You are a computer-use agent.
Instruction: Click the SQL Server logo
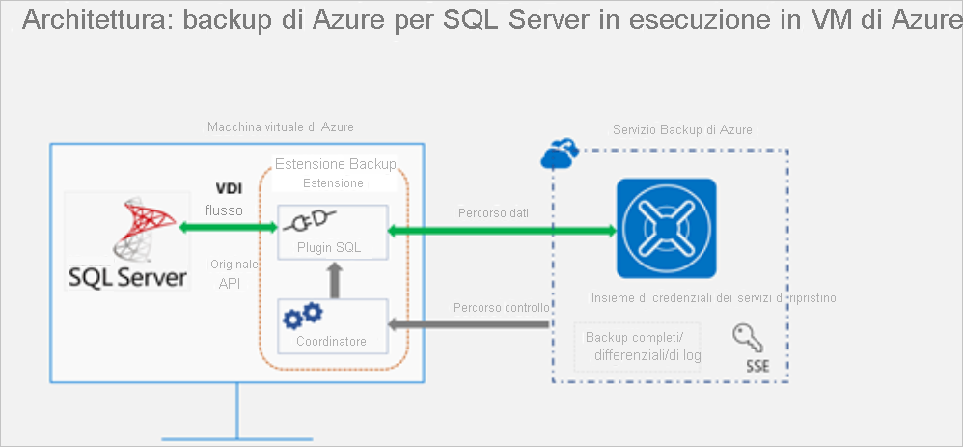(x=125, y=240)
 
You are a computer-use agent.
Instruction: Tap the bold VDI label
(x=228, y=189)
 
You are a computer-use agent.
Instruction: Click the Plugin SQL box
(x=332, y=232)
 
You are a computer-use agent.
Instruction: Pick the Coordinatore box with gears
(x=332, y=325)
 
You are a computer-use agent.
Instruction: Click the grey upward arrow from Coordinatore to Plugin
(x=333, y=280)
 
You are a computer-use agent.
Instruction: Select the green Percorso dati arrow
(x=501, y=230)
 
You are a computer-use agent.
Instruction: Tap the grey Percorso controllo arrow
(x=469, y=325)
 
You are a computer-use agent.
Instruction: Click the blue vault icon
(x=666, y=229)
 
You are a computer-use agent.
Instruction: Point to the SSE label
(x=757, y=367)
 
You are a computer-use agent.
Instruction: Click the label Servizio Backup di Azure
(x=682, y=129)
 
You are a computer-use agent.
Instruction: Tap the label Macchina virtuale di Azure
(x=267, y=127)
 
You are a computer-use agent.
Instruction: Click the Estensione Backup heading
(x=335, y=164)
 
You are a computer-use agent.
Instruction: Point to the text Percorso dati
(x=492, y=212)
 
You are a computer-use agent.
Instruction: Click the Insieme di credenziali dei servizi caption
(x=714, y=298)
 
